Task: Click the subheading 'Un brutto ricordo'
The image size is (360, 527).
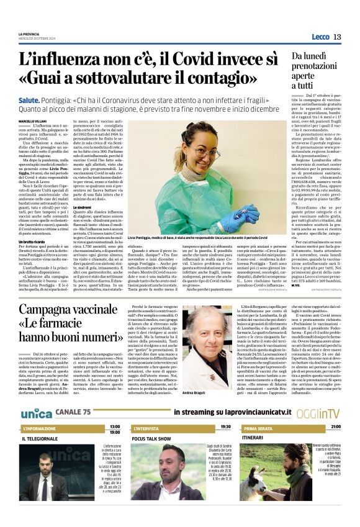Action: tap(50, 241)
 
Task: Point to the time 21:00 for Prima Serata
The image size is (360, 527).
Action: tap(335, 427)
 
